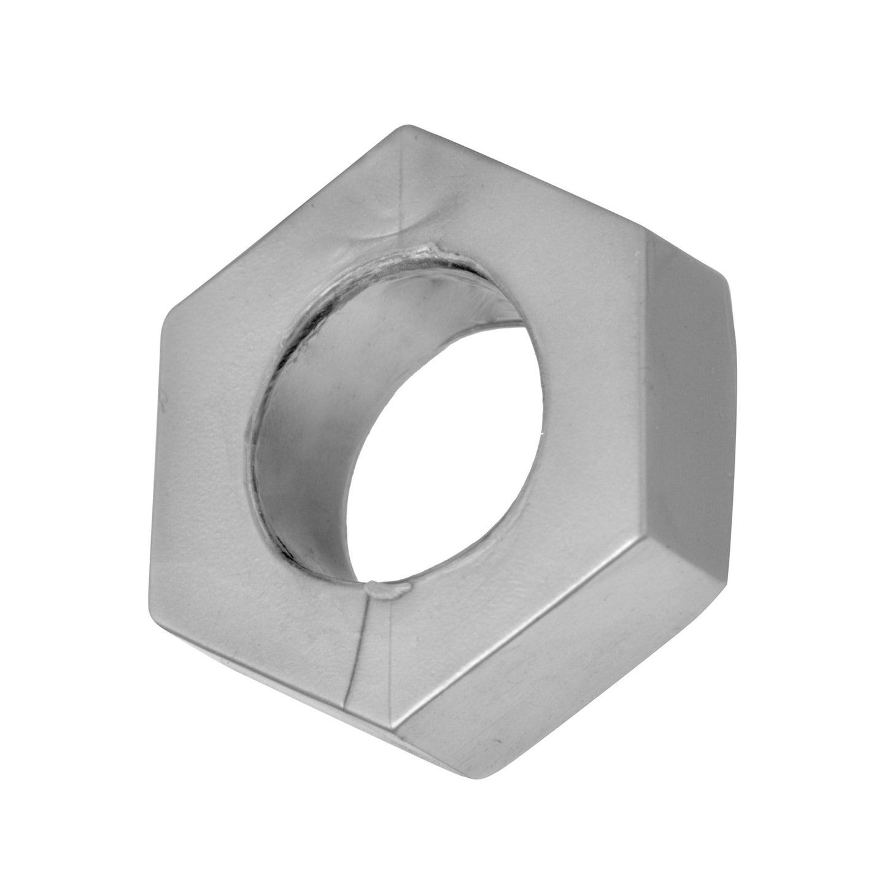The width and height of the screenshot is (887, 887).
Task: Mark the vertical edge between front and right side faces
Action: point(648,387)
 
